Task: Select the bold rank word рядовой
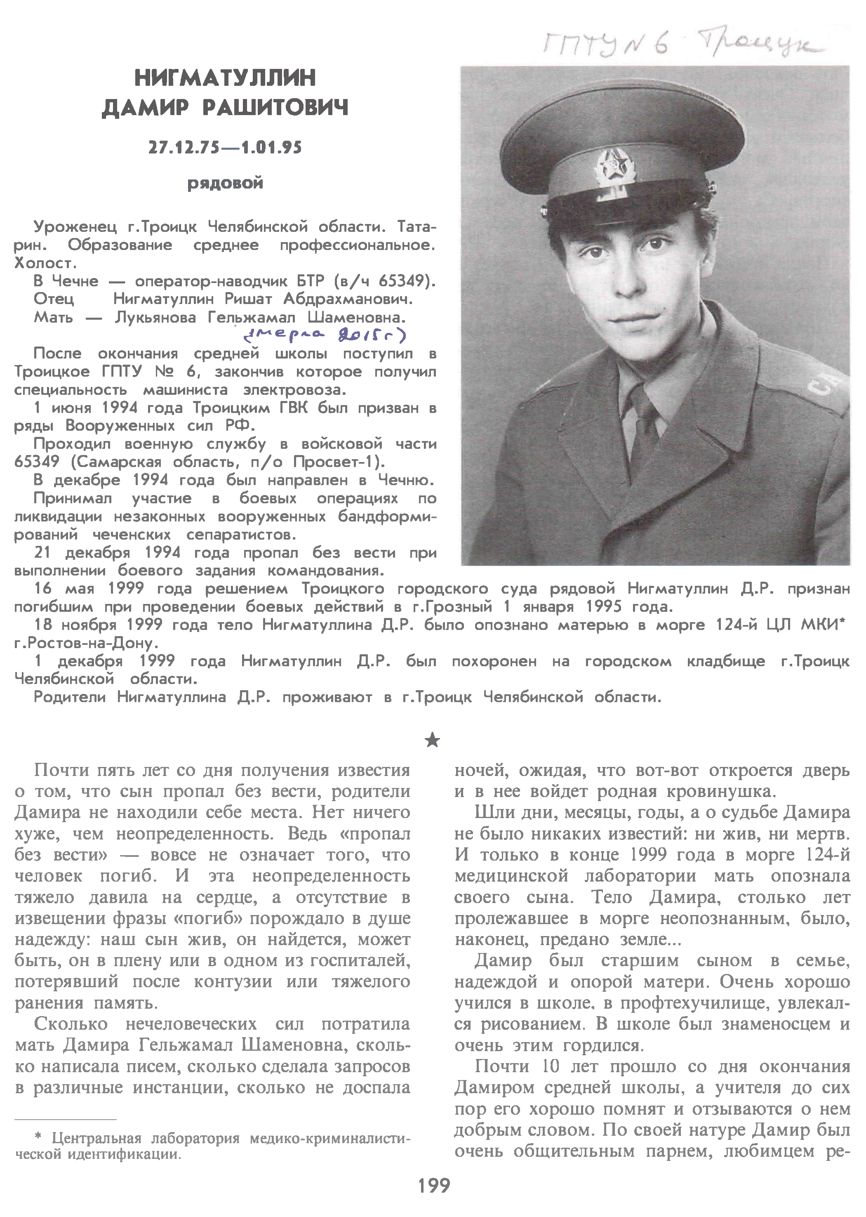[x=225, y=184]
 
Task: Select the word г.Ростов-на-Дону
[x=82, y=643]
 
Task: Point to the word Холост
[x=46, y=264]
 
